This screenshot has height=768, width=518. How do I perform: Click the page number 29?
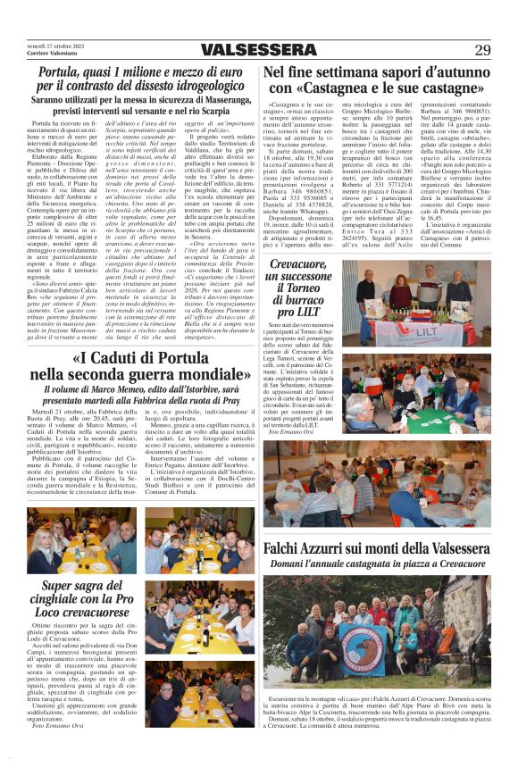pyautogui.click(x=482, y=49)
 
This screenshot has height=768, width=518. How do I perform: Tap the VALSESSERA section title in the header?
pyautogui.click(x=258, y=49)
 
